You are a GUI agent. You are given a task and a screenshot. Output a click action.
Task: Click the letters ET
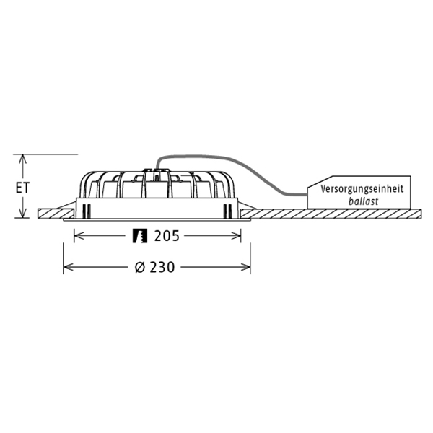[24, 187]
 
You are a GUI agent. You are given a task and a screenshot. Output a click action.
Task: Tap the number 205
[166, 235]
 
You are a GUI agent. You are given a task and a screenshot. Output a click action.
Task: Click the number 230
[163, 267]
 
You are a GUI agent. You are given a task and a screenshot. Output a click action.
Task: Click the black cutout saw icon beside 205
[139, 235]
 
